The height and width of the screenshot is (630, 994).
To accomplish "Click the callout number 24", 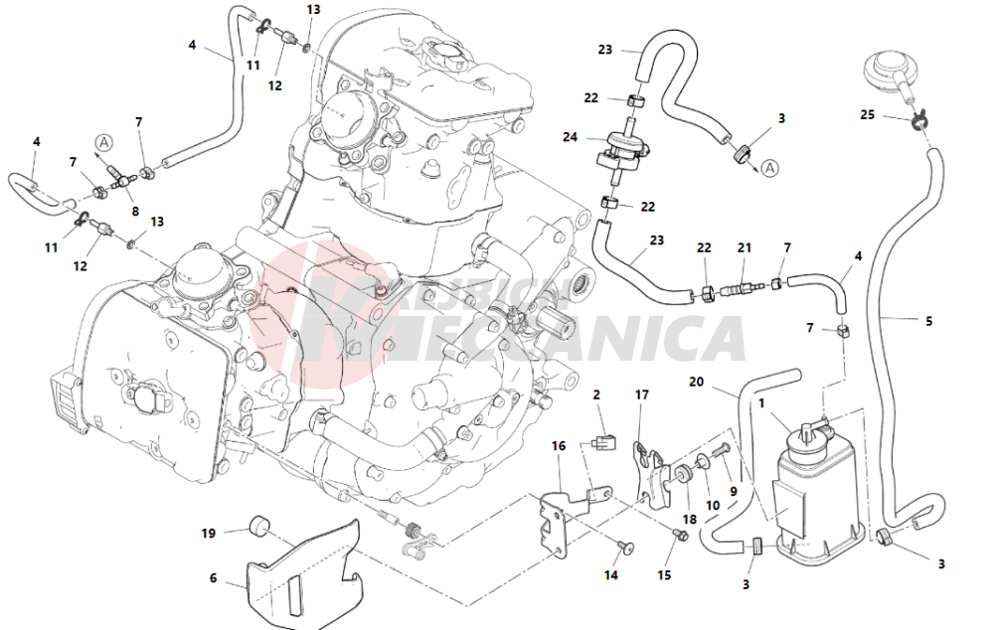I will [571, 138].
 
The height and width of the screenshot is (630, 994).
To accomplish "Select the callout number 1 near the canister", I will [761, 405].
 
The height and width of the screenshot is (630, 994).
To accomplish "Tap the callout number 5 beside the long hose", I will [928, 321].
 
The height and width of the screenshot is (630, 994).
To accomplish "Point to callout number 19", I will [209, 534].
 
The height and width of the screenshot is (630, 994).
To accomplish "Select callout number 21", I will [745, 247].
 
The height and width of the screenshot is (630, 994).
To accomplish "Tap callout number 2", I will [597, 395].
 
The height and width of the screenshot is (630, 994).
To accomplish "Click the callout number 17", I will [641, 394].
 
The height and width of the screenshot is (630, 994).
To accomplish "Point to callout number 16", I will [559, 446].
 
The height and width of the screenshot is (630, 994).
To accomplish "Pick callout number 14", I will [610, 574].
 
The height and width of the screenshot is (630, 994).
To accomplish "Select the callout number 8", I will [135, 211].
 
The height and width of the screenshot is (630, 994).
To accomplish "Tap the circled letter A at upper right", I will [769, 169].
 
